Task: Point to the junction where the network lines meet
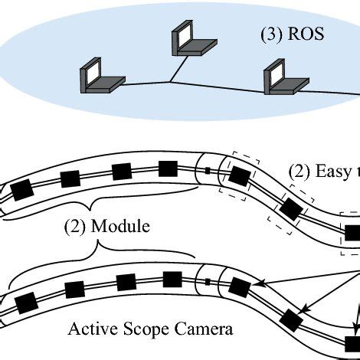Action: point(170,81)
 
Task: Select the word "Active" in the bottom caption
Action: point(91,330)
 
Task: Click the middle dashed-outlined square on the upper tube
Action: point(291,207)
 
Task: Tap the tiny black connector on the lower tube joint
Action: point(208,284)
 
